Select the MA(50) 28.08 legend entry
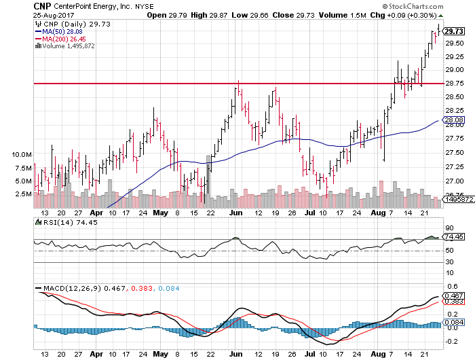pyautogui.click(x=60, y=31)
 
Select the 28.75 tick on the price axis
pyautogui.click(x=453, y=84)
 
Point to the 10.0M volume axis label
pyautogui.click(x=22, y=155)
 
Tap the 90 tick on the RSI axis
pyautogui.click(x=449, y=228)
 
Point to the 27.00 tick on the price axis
pyautogui.click(x=453, y=181)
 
